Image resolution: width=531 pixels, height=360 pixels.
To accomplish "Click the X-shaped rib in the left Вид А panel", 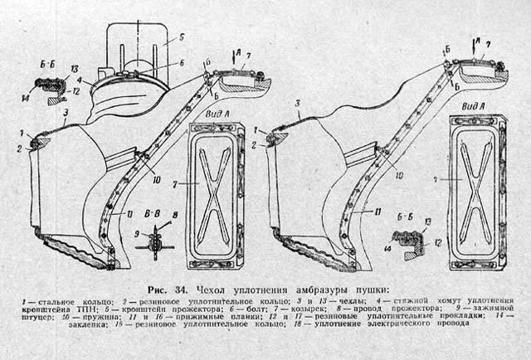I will tap(213, 196).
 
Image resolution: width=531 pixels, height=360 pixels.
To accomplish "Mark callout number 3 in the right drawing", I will tap(295, 102).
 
